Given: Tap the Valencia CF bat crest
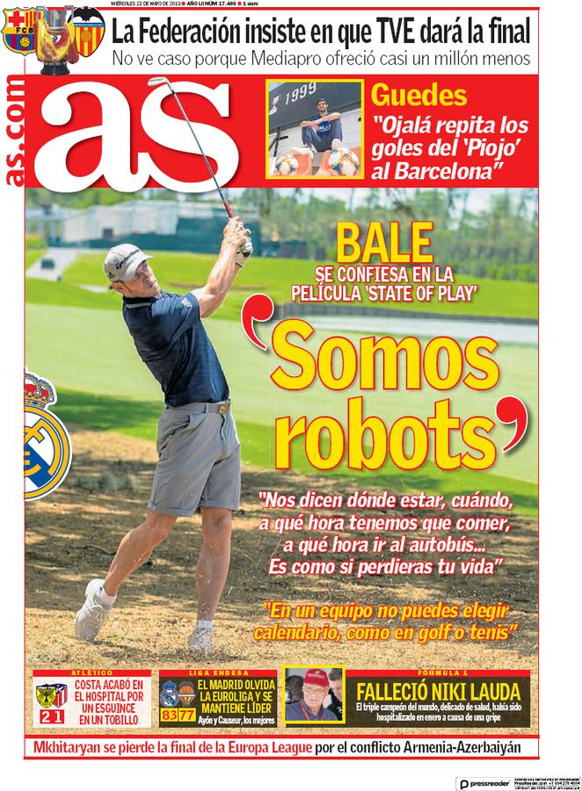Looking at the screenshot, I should (87, 26).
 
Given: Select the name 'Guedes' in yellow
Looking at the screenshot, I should (418, 96).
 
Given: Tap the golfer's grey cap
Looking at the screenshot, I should (125, 261).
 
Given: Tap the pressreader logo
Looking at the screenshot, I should (487, 780).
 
